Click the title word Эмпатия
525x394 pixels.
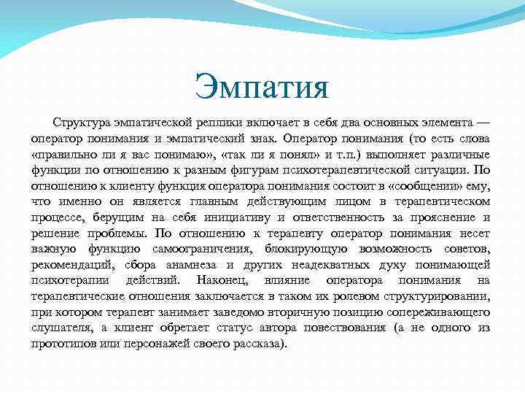pos(262,88)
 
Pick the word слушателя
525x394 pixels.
pos(61,328)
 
